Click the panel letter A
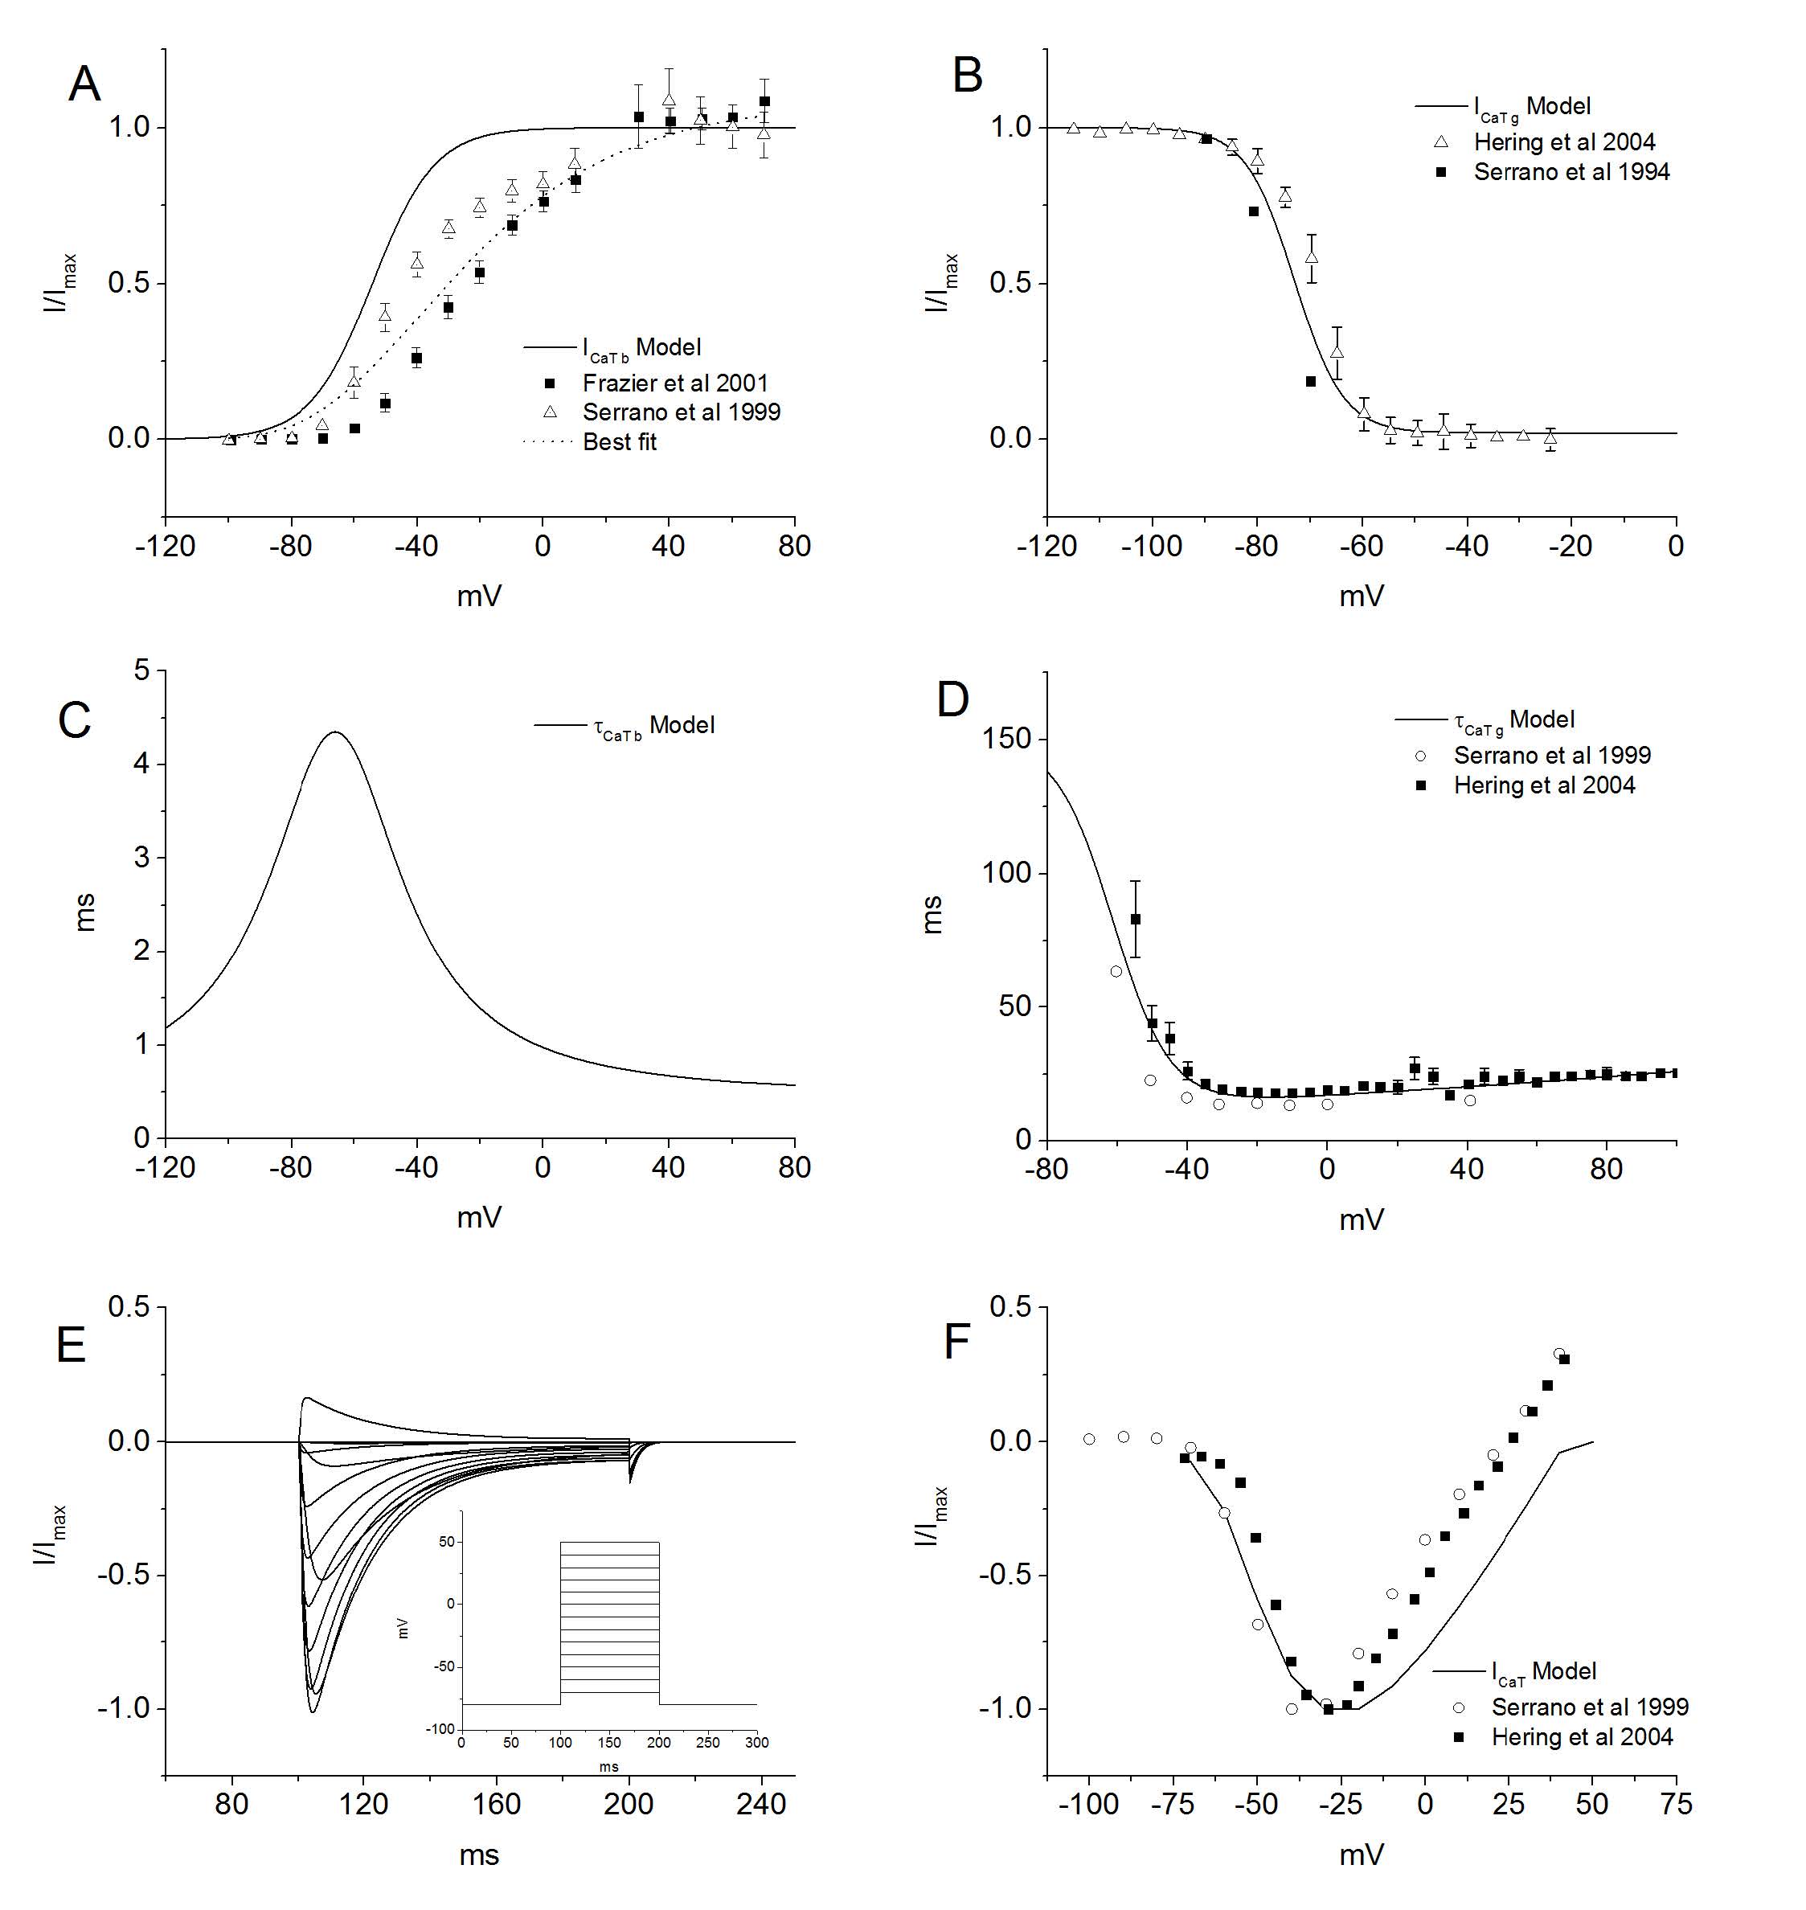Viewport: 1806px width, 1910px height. click(x=84, y=84)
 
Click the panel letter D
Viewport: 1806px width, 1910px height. click(x=953, y=700)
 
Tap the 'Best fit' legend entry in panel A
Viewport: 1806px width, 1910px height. click(x=620, y=442)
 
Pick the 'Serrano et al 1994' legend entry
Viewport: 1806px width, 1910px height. click(x=1571, y=172)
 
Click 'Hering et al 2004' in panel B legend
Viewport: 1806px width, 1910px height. click(x=1563, y=142)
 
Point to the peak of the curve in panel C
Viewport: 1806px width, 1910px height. click(x=335, y=732)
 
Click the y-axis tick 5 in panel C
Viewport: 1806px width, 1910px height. click(x=142, y=670)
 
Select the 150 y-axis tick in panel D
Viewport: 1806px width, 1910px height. click(x=1007, y=740)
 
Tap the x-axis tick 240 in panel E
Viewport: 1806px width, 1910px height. click(x=761, y=1803)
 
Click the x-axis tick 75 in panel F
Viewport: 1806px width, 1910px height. click(x=1676, y=1803)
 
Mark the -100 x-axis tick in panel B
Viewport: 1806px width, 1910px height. click(x=1153, y=547)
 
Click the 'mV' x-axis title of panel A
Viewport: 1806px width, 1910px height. click(x=479, y=596)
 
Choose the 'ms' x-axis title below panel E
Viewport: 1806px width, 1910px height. click(x=479, y=1855)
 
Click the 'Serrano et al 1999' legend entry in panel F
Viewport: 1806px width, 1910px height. click(x=1590, y=1707)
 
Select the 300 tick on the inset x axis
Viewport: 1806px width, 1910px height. click(x=756, y=1743)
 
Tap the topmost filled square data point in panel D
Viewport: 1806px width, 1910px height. click(x=1136, y=920)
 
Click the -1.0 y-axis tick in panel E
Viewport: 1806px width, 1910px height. click(x=123, y=1709)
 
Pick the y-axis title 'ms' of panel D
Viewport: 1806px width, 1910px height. click(x=932, y=914)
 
